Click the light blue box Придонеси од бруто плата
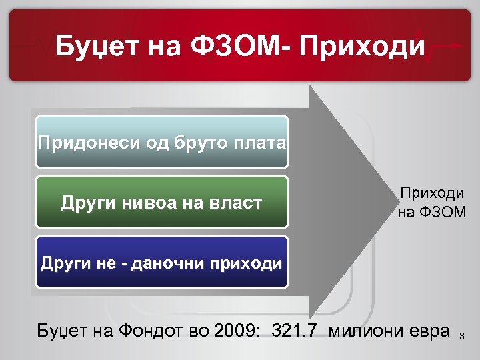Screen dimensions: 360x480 click(x=162, y=142)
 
